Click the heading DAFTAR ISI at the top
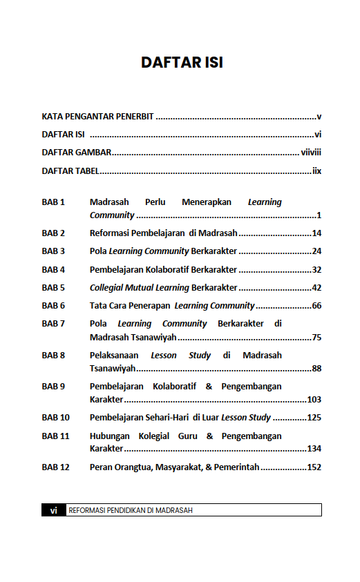point(182,62)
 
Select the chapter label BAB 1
point(53,202)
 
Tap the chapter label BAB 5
point(53,287)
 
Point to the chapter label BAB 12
point(56,467)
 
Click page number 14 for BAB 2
point(316,233)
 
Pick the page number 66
point(316,305)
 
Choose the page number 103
point(314,400)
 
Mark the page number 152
point(314,467)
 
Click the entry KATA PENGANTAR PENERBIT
point(97,117)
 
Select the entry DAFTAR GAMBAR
point(77,153)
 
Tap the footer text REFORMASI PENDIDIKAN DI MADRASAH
point(131,510)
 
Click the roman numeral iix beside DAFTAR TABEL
point(317,171)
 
